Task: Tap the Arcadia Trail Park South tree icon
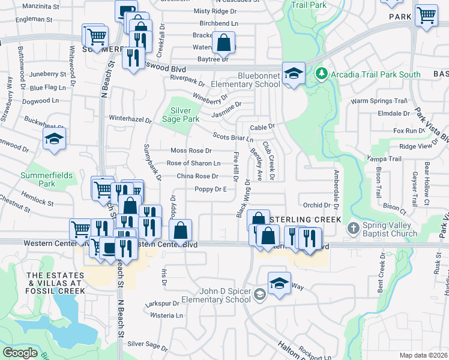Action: point(322,74)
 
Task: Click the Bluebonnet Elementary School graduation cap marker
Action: point(294,73)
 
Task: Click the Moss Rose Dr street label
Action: point(191,151)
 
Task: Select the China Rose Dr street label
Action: point(197,176)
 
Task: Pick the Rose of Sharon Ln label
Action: point(193,163)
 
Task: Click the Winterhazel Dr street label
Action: point(130,119)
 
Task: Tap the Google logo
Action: point(20,353)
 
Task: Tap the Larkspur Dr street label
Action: point(162,304)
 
